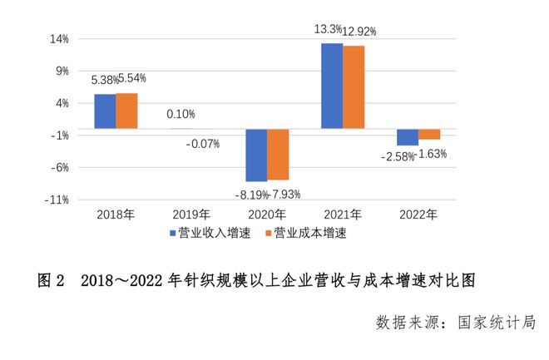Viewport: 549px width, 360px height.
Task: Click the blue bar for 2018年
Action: point(105,111)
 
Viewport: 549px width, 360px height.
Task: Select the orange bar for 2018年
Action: point(126,111)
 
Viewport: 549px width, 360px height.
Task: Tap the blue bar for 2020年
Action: point(256,155)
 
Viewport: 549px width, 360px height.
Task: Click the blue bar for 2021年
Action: point(332,86)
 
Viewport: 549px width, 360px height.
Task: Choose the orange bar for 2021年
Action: point(354,86)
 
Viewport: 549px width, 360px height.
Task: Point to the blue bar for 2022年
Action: point(408,137)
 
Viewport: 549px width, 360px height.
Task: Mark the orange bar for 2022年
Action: point(429,134)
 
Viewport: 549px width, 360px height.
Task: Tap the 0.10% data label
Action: point(181,115)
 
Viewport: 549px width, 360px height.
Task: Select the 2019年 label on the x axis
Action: point(191,215)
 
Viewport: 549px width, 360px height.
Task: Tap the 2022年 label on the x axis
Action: point(418,215)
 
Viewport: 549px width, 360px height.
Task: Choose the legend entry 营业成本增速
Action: point(309,233)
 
